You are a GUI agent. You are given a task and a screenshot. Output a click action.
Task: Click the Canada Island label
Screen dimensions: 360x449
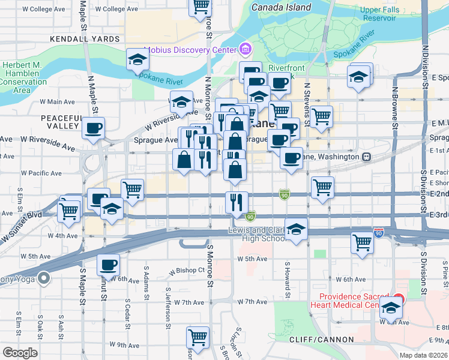[282, 8]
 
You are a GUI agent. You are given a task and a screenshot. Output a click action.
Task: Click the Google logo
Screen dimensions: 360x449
[20, 352]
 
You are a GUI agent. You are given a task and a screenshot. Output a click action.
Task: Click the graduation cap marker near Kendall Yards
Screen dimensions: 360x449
[137, 60]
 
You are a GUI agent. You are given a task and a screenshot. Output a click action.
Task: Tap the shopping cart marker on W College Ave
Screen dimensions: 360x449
[200, 7]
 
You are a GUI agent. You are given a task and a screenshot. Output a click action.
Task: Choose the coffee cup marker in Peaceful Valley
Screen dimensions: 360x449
[94, 128]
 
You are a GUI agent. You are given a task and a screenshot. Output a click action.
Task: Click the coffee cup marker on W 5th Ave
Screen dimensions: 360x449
[109, 265]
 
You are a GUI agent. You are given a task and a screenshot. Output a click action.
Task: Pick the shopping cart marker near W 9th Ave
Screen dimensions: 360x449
[197, 337]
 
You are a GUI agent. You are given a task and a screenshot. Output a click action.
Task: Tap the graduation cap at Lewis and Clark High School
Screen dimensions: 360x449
[296, 230]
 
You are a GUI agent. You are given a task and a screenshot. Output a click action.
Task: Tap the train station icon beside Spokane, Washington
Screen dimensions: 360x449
[366, 157]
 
